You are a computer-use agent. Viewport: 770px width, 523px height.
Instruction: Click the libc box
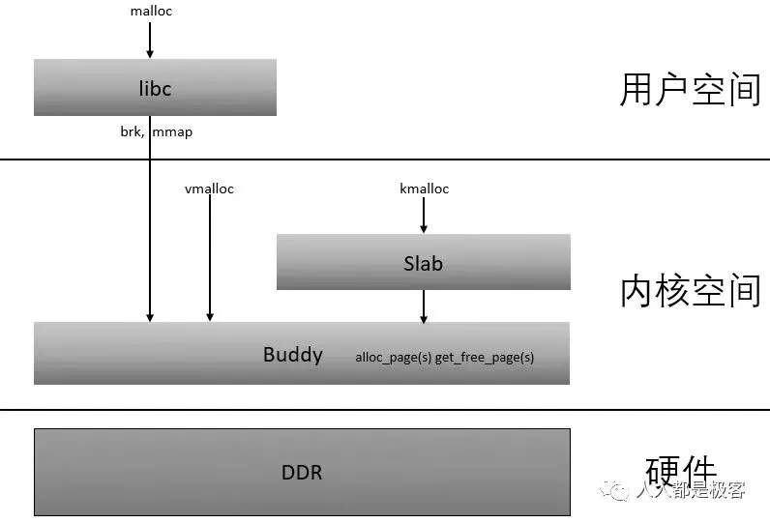click(x=155, y=88)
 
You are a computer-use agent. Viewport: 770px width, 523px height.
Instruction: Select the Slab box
click(x=423, y=262)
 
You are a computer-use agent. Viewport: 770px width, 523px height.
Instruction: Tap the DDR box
click(x=302, y=473)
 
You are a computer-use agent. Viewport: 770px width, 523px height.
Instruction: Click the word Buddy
click(x=292, y=354)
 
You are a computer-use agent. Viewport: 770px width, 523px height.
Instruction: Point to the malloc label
click(x=151, y=12)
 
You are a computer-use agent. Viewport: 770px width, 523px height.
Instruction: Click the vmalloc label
click(x=209, y=189)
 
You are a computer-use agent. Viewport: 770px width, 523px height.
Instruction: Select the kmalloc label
click(x=424, y=189)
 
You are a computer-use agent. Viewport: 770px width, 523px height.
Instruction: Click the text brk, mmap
click(x=149, y=131)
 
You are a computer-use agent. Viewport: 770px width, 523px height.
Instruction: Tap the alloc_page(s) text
click(x=393, y=358)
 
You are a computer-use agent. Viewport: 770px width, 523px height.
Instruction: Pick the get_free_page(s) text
click(x=485, y=358)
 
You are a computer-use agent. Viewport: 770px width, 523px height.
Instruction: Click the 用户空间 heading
click(x=690, y=89)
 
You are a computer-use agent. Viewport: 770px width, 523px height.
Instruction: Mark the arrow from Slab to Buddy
click(x=424, y=305)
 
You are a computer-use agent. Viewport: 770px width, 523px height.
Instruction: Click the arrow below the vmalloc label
click(x=210, y=256)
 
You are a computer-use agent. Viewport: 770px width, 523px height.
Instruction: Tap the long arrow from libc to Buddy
click(x=150, y=232)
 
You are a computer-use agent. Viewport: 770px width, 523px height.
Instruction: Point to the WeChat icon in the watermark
click(x=615, y=491)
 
